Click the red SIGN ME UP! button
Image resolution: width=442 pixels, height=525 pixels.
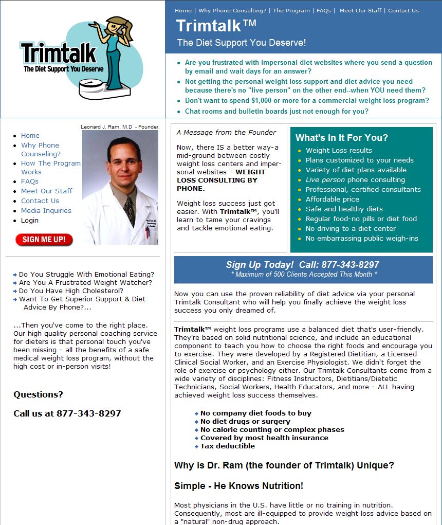[44, 240]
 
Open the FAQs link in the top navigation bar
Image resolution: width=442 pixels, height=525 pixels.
[323, 10]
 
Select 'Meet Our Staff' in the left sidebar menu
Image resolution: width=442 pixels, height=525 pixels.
[46, 191]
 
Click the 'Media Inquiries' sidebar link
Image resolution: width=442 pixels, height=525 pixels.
[46, 210]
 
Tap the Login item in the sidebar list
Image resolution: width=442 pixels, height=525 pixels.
[30, 220]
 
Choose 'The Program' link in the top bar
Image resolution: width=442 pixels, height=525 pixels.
[291, 10]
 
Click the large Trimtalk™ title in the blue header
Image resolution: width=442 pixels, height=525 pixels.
[216, 25]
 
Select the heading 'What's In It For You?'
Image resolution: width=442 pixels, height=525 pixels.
[342, 138]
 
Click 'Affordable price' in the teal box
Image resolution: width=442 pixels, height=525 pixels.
[332, 199]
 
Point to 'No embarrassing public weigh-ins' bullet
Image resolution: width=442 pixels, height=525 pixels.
[362, 238]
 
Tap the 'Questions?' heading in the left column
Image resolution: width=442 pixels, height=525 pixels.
[38, 394]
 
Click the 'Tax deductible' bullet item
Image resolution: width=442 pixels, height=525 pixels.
[227, 446]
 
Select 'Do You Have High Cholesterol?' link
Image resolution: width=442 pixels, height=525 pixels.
[71, 291]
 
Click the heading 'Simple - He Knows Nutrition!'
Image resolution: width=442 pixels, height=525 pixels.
[238, 485]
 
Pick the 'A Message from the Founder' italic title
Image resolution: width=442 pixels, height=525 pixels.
[226, 132]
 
